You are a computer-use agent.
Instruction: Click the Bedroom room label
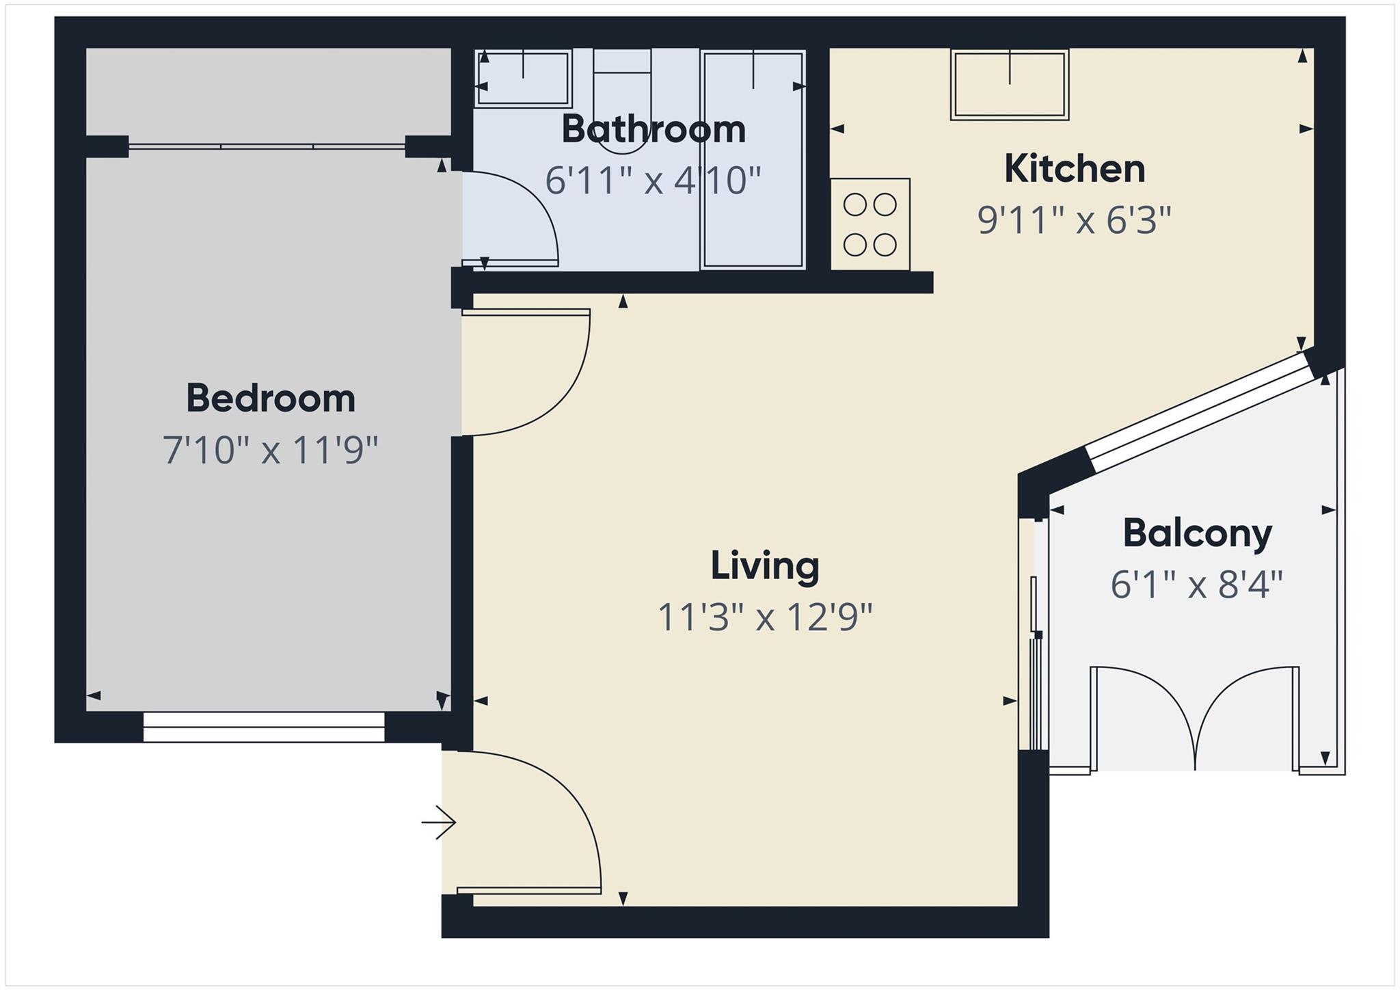point(271,399)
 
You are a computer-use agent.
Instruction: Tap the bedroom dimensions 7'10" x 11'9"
point(271,451)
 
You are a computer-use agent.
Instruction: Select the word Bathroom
point(654,129)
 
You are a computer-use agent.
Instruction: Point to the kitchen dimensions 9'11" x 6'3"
point(1075,220)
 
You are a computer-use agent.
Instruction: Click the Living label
point(765,565)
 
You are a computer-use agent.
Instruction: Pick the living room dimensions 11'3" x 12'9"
point(765,617)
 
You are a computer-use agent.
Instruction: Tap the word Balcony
point(1197,533)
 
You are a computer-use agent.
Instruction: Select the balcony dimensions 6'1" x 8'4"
point(1197,585)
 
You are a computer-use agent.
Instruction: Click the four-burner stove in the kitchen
point(870,224)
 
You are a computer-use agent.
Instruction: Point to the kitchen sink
point(1010,86)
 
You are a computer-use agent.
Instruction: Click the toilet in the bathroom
point(622,103)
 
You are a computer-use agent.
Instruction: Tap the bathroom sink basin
point(523,79)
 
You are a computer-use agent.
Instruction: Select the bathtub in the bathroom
point(753,161)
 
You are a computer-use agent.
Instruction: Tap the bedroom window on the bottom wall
point(264,727)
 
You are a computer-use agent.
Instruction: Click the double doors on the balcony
point(1194,718)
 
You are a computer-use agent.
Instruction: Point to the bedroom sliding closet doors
point(267,146)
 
